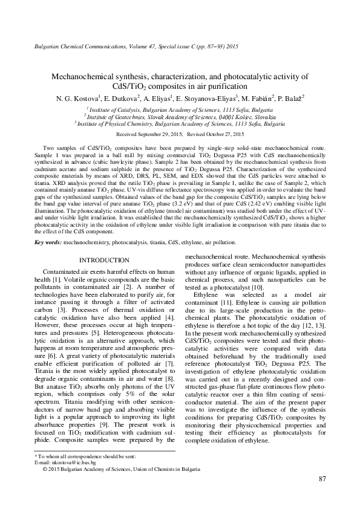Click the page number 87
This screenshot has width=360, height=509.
[322, 480]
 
